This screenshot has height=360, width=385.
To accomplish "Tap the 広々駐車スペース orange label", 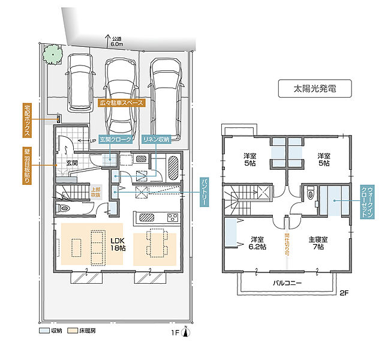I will point(121,103).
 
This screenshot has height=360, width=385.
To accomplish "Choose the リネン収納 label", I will point(156,139).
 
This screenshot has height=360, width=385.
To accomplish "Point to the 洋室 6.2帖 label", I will point(258,243).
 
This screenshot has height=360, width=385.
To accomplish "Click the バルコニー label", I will point(287,282).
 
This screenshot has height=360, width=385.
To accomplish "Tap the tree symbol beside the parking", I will point(52,55).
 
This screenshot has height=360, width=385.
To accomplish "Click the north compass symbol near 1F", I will point(187,330).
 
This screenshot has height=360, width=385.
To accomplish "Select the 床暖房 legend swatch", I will point(71,331).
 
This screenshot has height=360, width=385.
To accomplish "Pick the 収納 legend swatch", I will point(43,331).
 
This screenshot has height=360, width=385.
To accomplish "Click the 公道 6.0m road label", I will point(116,40).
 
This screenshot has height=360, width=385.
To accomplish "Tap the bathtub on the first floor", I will point(173,167).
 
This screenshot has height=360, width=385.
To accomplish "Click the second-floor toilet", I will point(310,194).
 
